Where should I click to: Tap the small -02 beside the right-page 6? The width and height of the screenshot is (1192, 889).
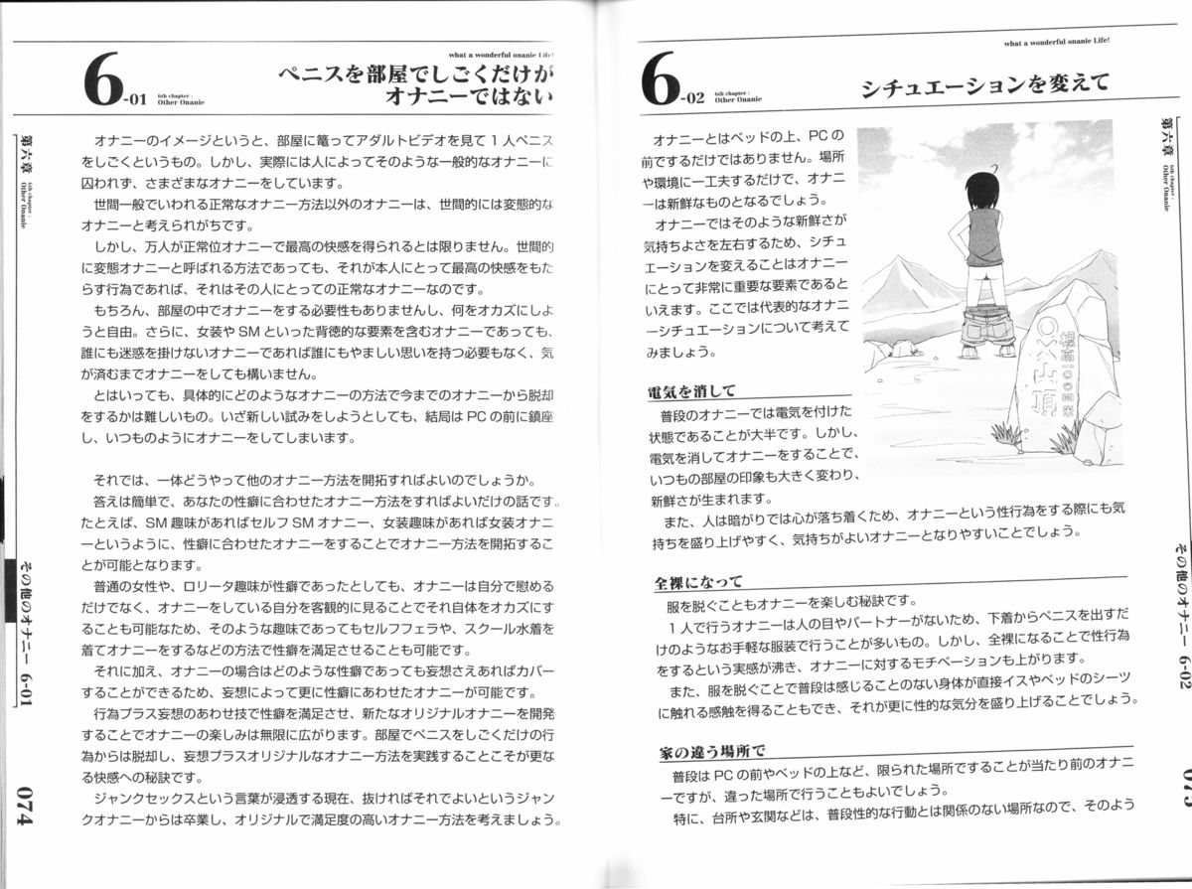693,98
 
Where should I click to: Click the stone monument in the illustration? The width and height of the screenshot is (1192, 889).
1051,368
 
